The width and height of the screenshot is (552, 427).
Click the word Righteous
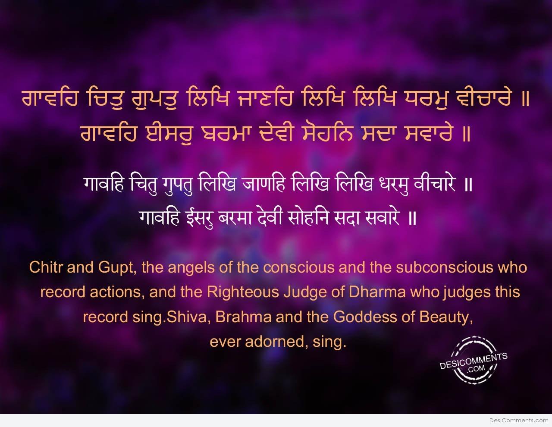pyautogui.click(x=243, y=292)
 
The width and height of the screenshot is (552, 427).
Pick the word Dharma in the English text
pyautogui.click(x=377, y=292)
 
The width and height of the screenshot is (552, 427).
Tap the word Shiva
pyautogui.click(x=187, y=317)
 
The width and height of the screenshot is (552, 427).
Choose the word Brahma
pyautogui.click(x=244, y=317)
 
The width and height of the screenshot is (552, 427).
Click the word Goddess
pyautogui.click(x=365, y=317)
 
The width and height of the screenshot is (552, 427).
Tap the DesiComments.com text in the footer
pyautogui.click(x=519, y=421)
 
